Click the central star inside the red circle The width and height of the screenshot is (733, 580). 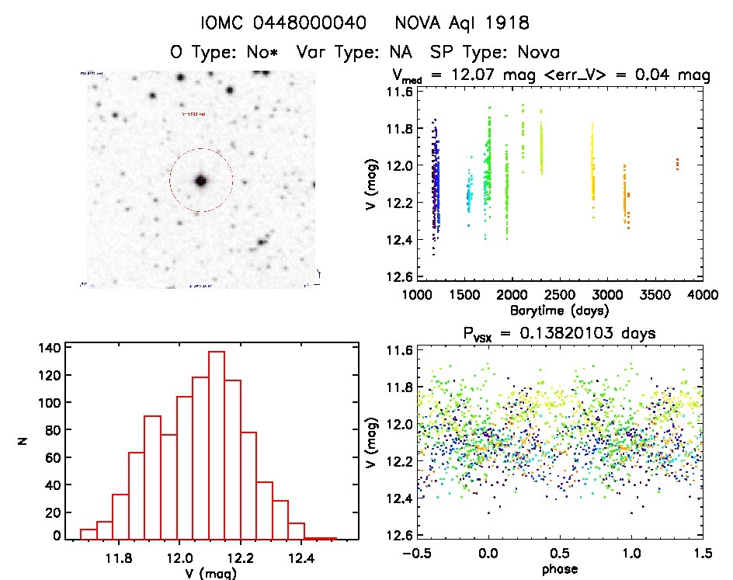[x=201, y=180]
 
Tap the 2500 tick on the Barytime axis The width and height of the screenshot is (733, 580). [x=559, y=296]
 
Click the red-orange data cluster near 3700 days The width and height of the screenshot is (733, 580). [x=677, y=163]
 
